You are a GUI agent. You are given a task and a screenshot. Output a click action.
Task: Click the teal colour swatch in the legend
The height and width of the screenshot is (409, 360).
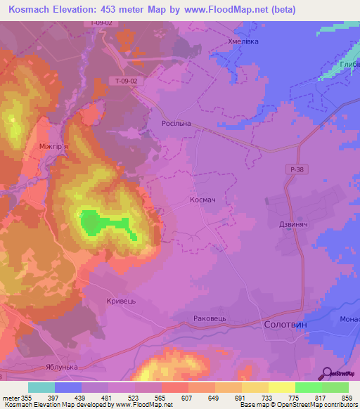pos(41,387)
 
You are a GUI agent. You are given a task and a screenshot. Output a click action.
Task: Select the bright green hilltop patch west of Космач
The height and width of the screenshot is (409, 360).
pos(91,223)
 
